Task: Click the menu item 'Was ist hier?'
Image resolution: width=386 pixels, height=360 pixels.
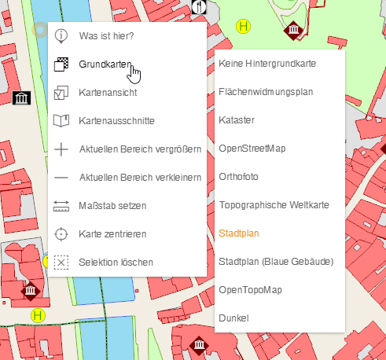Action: (106, 36)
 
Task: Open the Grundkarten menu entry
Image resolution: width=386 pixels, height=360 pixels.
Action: (105, 64)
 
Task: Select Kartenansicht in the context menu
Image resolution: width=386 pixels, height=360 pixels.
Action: (108, 93)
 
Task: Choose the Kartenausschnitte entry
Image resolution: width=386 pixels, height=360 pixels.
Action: (116, 121)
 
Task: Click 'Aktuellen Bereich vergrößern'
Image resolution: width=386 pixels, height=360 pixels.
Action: (141, 149)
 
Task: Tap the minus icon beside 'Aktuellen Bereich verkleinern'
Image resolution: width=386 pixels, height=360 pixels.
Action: (62, 178)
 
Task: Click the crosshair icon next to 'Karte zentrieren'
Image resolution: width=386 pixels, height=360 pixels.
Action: (62, 234)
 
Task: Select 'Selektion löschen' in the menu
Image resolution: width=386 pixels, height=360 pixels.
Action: (116, 263)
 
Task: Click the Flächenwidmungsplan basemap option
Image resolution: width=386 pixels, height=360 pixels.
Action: (266, 91)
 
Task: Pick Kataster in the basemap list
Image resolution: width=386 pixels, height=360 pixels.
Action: (237, 119)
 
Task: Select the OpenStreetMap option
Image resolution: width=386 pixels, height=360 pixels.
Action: (252, 148)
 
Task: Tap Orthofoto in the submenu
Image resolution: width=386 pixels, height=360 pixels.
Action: (238, 176)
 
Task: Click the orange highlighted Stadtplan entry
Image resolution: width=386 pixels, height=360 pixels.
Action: (239, 233)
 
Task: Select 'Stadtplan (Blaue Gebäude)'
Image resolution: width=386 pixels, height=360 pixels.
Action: (276, 261)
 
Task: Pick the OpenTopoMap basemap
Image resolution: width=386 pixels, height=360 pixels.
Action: (249, 289)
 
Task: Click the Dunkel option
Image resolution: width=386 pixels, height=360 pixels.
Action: (233, 318)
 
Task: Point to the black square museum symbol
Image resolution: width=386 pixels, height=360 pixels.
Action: (22, 98)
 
